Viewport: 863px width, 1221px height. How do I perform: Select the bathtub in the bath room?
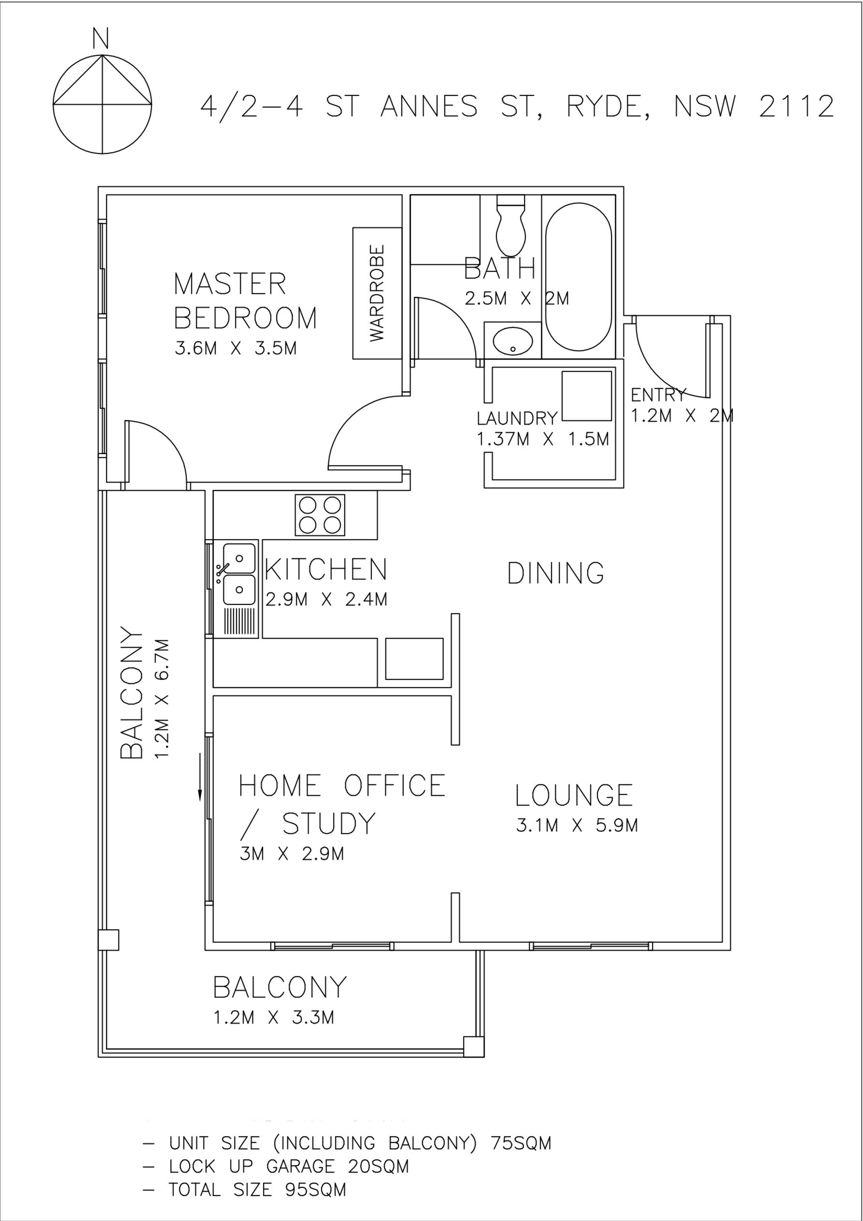[x=578, y=277]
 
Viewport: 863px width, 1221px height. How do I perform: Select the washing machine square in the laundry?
[x=587, y=396]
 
